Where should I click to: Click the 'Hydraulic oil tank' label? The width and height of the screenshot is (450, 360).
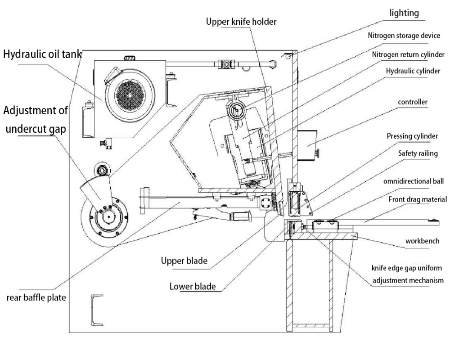pos(42,54)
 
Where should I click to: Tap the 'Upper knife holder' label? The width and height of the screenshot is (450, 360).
pos(241,22)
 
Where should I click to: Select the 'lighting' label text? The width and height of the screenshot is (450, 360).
pos(404,13)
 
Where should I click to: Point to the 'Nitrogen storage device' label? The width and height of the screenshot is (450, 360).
pos(404,36)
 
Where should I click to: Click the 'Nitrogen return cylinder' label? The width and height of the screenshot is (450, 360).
pos(408,54)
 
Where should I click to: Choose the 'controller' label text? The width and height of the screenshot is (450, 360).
pos(413,102)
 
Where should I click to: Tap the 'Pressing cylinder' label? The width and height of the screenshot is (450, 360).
pos(412,136)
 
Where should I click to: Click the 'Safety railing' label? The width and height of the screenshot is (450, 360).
pos(418,153)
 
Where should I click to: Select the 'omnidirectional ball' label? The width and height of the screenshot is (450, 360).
pos(414,181)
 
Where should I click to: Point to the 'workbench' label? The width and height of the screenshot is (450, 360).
pos(422,241)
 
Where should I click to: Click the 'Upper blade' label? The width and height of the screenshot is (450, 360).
pos(184,261)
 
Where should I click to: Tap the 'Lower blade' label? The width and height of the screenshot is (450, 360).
pos(193,286)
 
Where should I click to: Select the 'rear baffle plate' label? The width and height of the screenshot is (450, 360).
pos(36,298)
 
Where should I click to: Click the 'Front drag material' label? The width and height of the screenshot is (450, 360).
pos(418,199)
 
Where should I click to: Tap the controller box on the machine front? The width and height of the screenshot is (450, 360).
pos(307,145)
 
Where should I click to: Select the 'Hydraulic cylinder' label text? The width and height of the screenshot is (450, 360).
pos(413,71)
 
